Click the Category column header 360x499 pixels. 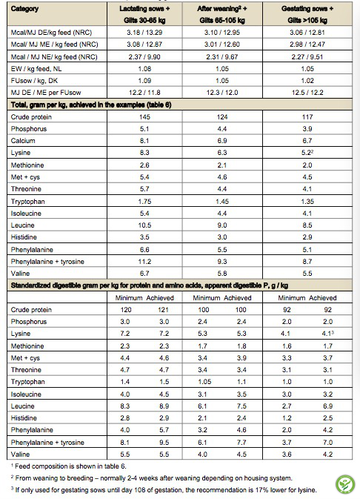[x=24, y=9]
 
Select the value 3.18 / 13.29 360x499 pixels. [x=144, y=33]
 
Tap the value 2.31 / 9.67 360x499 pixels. [x=222, y=57]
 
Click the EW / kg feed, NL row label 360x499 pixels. [x=36, y=69]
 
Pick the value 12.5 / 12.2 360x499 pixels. [x=307, y=93]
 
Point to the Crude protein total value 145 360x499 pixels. [x=144, y=117]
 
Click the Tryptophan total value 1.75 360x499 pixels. [x=144, y=202]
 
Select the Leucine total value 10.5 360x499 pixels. [x=144, y=225]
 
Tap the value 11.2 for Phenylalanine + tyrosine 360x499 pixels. [x=144, y=262]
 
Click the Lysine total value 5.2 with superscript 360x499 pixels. [x=307, y=153]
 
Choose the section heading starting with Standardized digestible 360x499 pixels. [x=150, y=285]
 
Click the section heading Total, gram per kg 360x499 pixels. [x=91, y=105]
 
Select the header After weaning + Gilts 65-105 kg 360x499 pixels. [x=222, y=14]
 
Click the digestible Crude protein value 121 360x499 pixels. [x=163, y=310]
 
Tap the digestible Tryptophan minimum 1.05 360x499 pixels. [x=204, y=382]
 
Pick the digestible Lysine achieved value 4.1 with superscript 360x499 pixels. [x=328, y=334]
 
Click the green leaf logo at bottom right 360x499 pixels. [x=345, y=484]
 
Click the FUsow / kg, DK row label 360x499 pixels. [x=34, y=81]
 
